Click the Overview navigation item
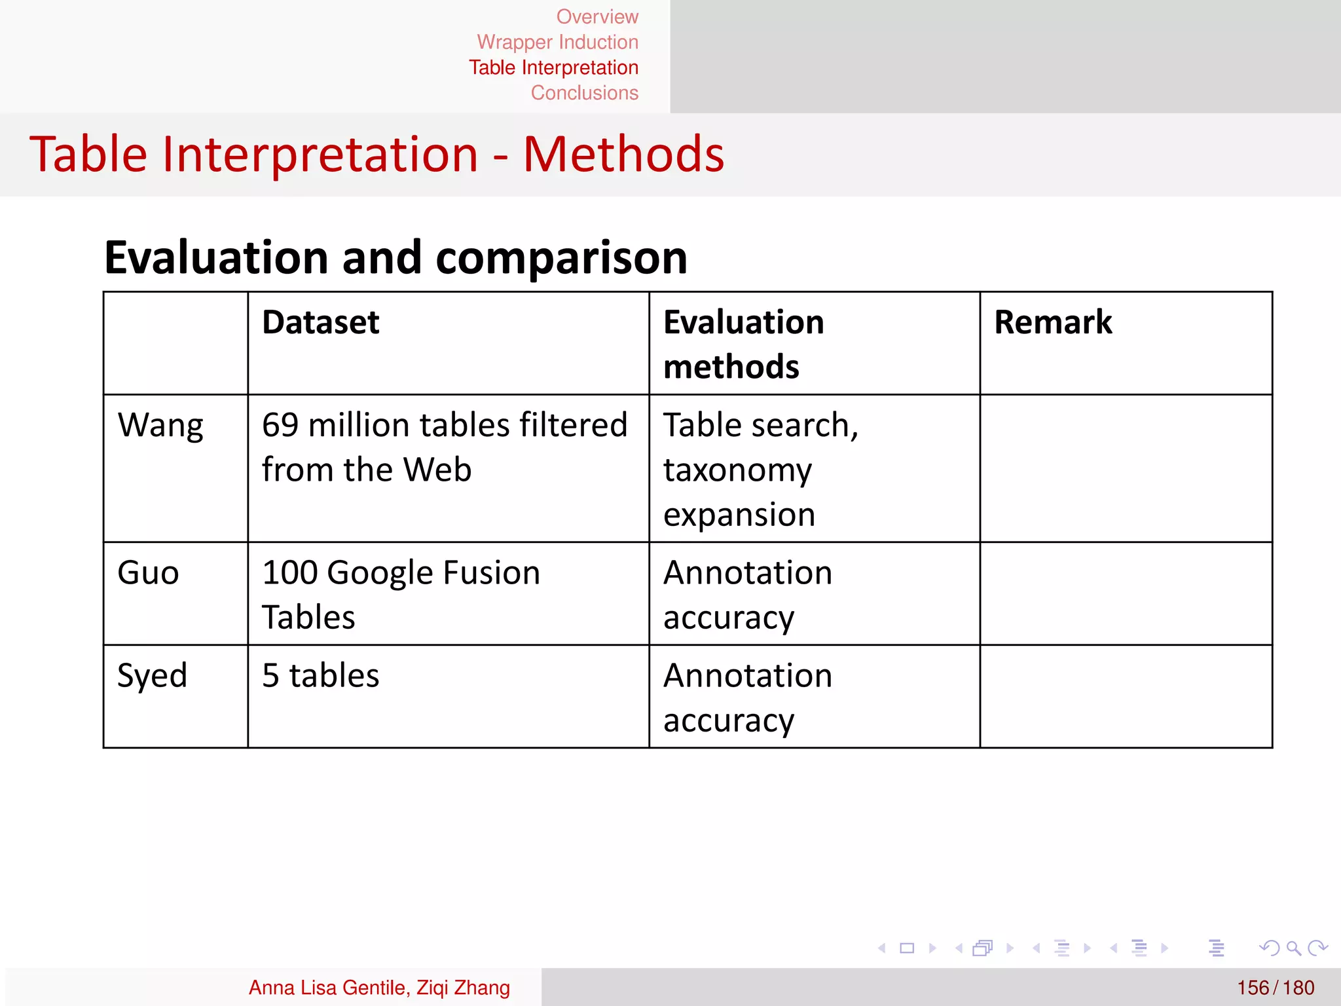(x=597, y=16)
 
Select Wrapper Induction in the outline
(x=557, y=42)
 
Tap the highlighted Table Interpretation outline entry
(x=553, y=67)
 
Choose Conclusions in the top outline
(x=584, y=93)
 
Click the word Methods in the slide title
(x=623, y=155)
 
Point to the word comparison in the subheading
(x=561, y=257)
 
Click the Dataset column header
(x=320, y=322)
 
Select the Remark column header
(x=1052, y=322)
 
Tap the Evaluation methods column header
(x=743, y=344)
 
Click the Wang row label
(x=160, y=426)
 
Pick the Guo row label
(x=148, y=573)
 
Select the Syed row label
(x=152, y=676)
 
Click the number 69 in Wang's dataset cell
(x=280, y=426)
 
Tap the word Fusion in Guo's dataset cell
(x=491, y=573)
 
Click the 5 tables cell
(x=320, y=676)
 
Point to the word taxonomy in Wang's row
(x=737, y=470)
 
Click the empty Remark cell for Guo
(x=1126, y=593)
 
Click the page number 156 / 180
(x=1275, y=988)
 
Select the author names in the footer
(x=379, y=988)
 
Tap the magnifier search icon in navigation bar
(x=1293, y=948)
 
